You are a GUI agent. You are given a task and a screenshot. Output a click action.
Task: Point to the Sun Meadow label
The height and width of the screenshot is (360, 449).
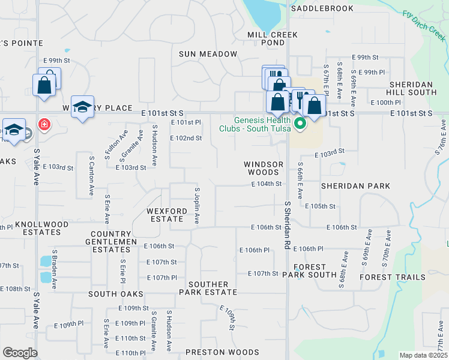(x=208, y=54)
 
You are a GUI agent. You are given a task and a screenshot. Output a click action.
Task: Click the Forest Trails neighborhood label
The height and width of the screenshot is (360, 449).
(x=393, y=277)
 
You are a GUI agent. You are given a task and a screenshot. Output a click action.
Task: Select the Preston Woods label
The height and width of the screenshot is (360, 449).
(x=222, y=352)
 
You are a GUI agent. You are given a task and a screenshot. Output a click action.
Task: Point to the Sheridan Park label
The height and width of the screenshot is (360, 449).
(x=355, y=186)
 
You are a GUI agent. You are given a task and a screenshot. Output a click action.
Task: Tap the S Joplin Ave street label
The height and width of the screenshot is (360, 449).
(x=196, y=205)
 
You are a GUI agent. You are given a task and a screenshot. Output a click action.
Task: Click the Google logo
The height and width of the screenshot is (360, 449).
(x=20, y=353)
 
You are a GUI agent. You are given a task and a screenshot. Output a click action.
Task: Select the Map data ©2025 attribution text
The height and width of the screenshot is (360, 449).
(x=423, y=355)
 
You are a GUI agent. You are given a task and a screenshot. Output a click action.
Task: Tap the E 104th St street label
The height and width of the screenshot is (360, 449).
(x=267, y=184)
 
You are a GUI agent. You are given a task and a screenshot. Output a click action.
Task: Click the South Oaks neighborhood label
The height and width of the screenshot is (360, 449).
(x=116, y=294)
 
